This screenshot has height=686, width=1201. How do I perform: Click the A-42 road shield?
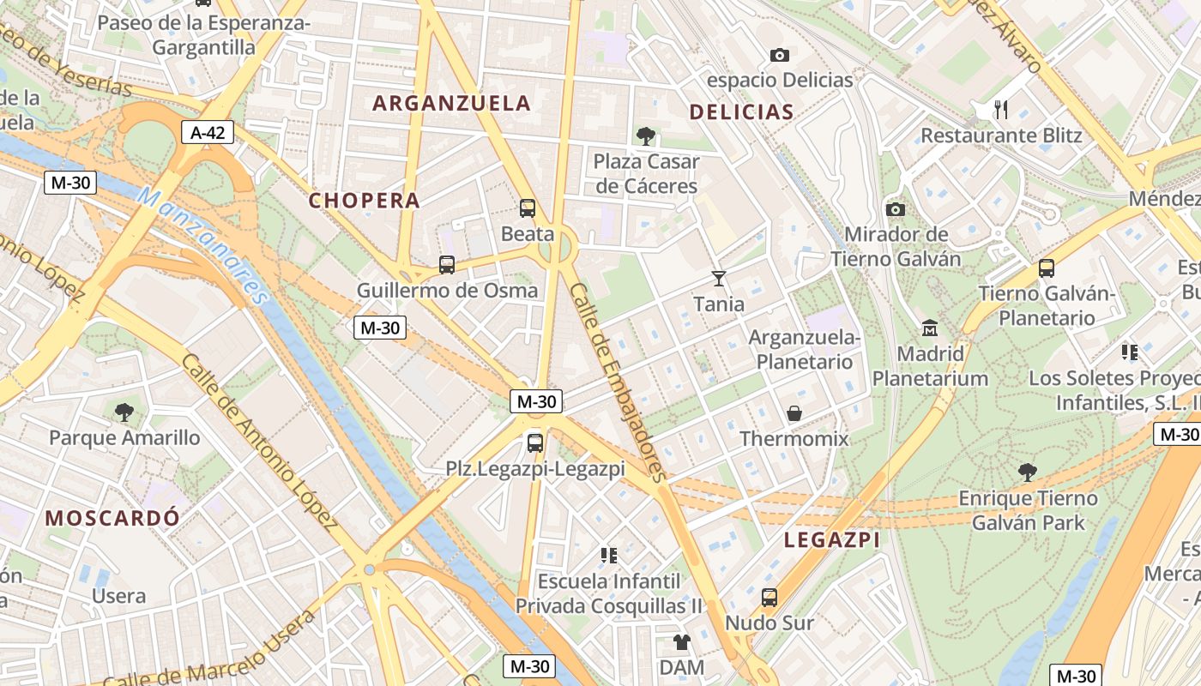(x=208, y=132)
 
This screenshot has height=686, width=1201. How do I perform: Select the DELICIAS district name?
(x=741, y=111)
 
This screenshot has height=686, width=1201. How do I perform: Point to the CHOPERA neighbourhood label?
(x=365, y=201)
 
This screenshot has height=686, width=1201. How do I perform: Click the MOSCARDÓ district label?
(x=112, y=518)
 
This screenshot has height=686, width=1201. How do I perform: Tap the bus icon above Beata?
(x=528, y=208)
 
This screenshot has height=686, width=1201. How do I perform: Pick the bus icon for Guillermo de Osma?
(x=447, y=265)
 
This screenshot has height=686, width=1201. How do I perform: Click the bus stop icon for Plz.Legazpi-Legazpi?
(x=535, y=443)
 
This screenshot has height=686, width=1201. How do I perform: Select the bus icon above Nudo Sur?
(x=769, y=598)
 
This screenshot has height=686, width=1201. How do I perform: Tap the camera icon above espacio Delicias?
(x=779, y=56)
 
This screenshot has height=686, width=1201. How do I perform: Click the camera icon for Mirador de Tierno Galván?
(x=896, y=209)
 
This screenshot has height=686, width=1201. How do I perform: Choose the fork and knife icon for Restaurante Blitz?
(x=1000, y=109)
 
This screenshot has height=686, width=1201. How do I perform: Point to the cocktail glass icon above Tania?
(x=719, y=279)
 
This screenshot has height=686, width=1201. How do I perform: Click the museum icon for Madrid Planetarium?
(x=930, y=328)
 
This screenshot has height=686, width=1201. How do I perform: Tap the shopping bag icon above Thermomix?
(x=794, y=414)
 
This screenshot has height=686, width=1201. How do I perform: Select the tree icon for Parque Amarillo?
(x=124, y=412)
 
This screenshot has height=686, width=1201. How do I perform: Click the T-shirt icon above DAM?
(x=682, y=641)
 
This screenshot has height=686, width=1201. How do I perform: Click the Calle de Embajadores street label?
(x=618, y=382)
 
